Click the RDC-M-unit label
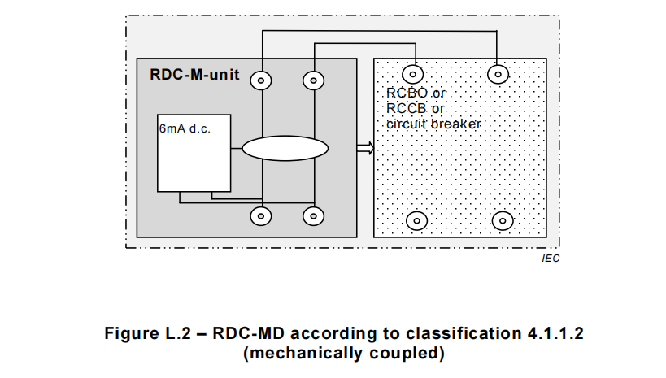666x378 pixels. pos(194,74)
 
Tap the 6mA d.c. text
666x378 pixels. pos(185,128)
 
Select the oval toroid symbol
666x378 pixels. pos(285,149)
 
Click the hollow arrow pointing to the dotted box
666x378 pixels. pos(364,148)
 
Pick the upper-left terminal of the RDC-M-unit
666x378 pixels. pos(261,80)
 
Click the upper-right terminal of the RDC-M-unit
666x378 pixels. pos(313,80)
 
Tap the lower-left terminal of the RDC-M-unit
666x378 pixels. pos(261,216)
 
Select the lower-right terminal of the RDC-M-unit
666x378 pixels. pos(313,216)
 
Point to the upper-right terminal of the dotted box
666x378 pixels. pos(497,74)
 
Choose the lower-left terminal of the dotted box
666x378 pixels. pos(416,220)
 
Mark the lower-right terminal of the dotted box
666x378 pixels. pos(503,220)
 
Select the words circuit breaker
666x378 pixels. pos(434,124)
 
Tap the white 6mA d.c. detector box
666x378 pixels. pos(194,159)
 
